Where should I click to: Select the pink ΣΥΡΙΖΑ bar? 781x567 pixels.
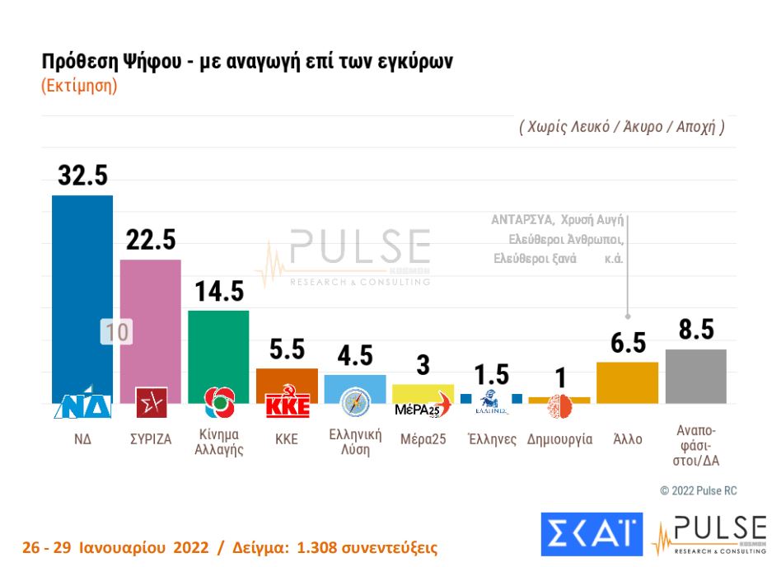[x=150, y=321]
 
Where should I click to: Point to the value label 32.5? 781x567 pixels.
[x=82, y=176]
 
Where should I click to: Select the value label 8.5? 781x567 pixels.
[x=695, y=330]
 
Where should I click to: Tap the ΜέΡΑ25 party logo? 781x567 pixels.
[x=423, y=406]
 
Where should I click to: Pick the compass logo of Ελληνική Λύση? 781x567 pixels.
[x=355, y=402]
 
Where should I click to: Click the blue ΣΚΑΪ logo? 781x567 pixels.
[x=591, y=534]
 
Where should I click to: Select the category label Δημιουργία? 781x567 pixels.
[x=559, y=439]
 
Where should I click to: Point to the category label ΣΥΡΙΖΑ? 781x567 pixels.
[x=150, y=439]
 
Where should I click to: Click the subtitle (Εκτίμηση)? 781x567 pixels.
[x=79, y=86]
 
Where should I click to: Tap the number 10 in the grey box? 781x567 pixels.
[x=116, y=332]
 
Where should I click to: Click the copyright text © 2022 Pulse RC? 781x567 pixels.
[x=698, y=490]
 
